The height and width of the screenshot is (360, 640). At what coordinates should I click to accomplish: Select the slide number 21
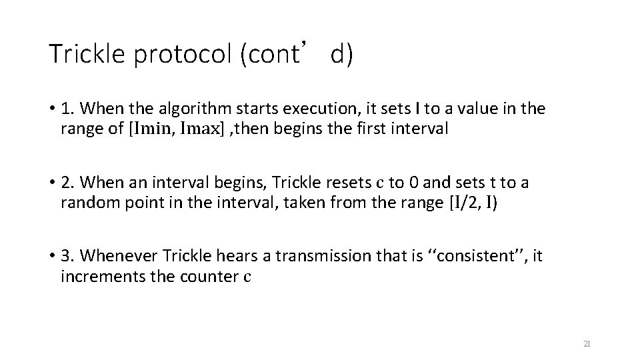(587, 344)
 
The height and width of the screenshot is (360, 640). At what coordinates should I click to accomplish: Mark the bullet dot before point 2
(51, 181)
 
